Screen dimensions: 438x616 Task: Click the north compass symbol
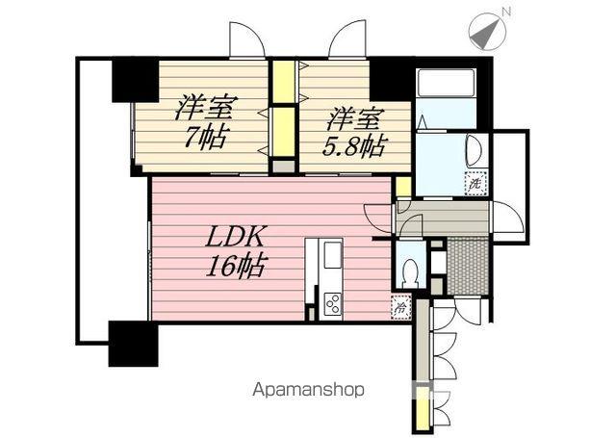coord(485,31)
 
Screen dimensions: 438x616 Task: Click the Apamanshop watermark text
coord(308,390)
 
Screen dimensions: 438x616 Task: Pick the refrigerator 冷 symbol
coord(399,308)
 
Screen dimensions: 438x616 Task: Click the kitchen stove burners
coord(332,304)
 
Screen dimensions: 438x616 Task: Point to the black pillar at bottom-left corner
coord(133,344)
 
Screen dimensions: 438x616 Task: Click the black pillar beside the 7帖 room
coord(134,80)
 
